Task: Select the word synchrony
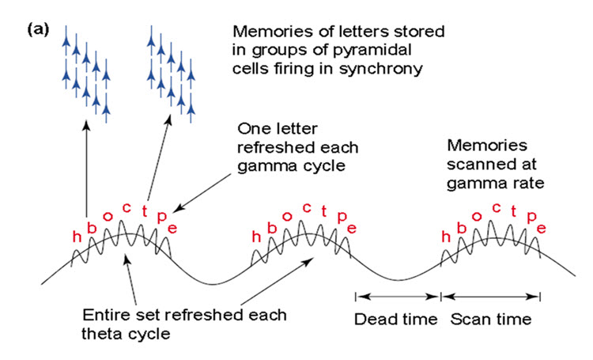click(383, 70)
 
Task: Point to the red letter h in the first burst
click(76, 238)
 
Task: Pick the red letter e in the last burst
click(542, 229)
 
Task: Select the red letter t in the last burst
click(512, 211)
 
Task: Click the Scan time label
click(490, 320)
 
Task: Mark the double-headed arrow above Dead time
click(397, 297)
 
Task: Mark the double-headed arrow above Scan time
click(491, 297)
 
